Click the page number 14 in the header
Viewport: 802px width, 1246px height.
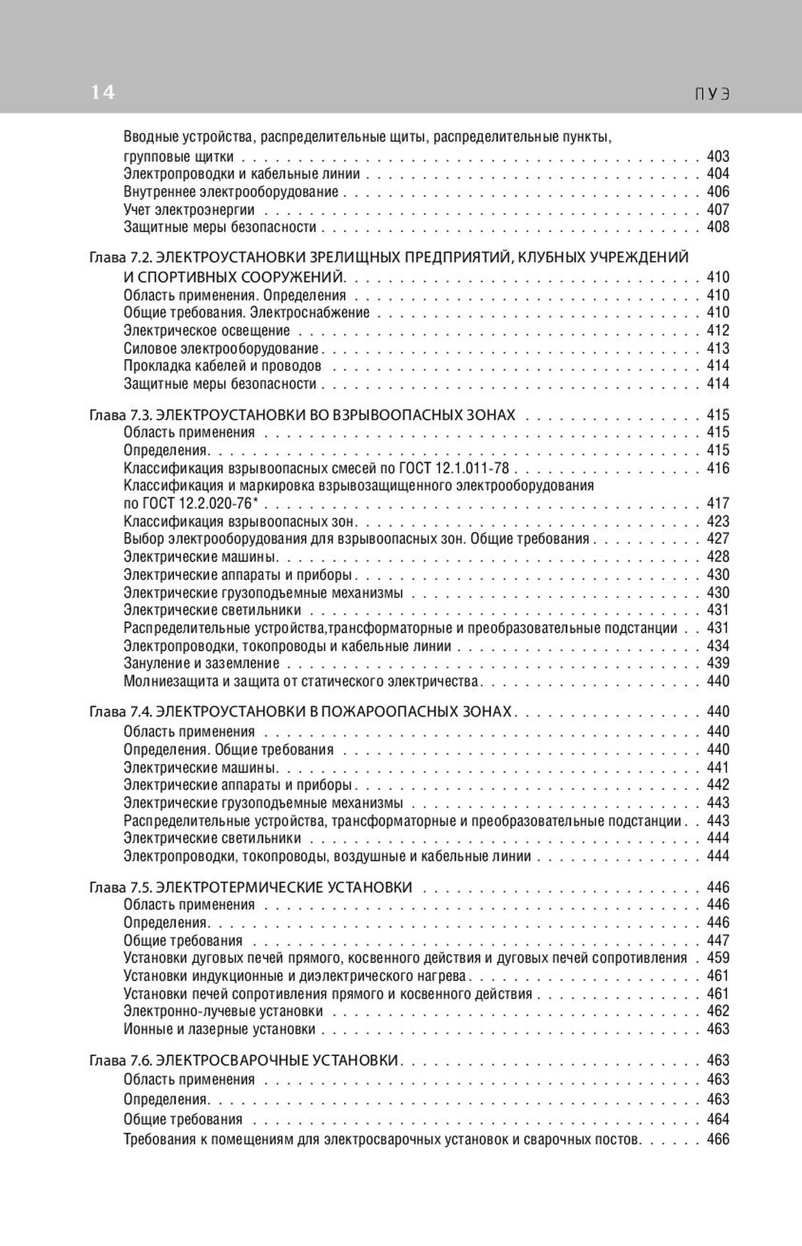[x=102, y=93]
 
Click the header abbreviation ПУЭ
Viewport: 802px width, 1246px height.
[x=713, y=94]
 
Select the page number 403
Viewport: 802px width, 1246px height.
[x=718, y=156]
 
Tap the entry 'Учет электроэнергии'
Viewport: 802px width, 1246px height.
[x=189, y=209]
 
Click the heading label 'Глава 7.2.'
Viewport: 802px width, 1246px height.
[x=120, y=257]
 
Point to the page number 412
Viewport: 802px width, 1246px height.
[x=718, y=330]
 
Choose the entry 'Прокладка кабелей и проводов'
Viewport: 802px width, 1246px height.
[x=222, y=366]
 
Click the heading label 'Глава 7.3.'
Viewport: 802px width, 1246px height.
[x=120, y=415]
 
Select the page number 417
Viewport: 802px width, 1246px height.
[x=718, y=503]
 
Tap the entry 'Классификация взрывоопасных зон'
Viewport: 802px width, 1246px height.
[x=239, y=521]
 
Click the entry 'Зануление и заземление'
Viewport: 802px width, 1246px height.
[x=201, y=663]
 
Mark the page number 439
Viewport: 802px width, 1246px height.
[x=718, y=663]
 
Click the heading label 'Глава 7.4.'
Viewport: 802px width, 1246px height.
[x=120, y=712]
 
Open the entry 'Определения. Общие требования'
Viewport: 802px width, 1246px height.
[x=228, y=749]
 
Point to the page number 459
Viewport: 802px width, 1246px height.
[x=718, y=958]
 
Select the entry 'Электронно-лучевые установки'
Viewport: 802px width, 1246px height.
[x=223, y=1011]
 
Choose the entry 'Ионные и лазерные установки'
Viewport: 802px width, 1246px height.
[x=219, y=1029]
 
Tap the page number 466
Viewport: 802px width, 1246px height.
[x=718, y=1139]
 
